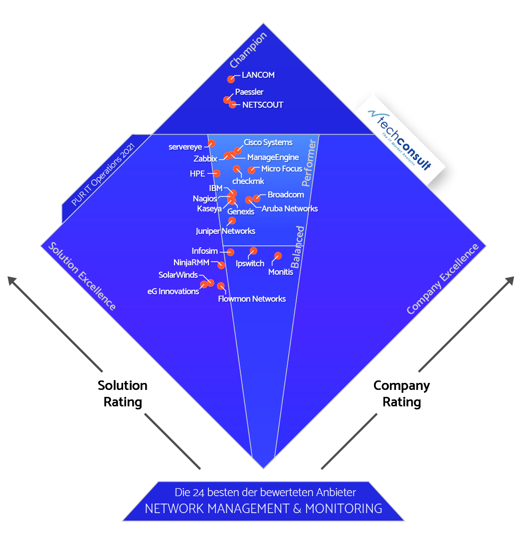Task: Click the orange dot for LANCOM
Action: click(231, 79)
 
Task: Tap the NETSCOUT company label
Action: click(263, 105)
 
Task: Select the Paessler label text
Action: click(249, 92)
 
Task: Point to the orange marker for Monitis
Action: click(278, 256)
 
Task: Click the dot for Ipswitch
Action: click(253, 251)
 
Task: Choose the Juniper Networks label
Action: click(225, 231)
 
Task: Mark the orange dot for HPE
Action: click(217, 174)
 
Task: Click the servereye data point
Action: click(211, 144)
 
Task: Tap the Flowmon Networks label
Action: click(252, 299)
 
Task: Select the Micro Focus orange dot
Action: click(252, 171)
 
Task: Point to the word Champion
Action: click(249, 50)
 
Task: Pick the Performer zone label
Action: click(310, 163)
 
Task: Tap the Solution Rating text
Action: click(123, 393)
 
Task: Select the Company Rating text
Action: click(401, 393)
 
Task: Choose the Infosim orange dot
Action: click(230, 252)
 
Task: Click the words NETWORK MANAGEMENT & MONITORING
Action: click(263, 509)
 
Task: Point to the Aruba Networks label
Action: click(290, 209)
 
